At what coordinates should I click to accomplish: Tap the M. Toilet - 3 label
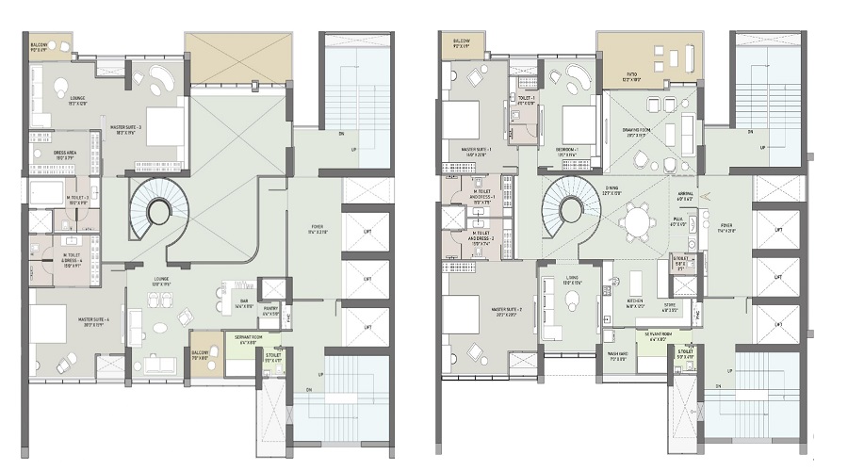click(78, 200)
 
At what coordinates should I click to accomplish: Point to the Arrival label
click(713, 196)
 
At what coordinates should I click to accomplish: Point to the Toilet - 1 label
click(526, 101)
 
